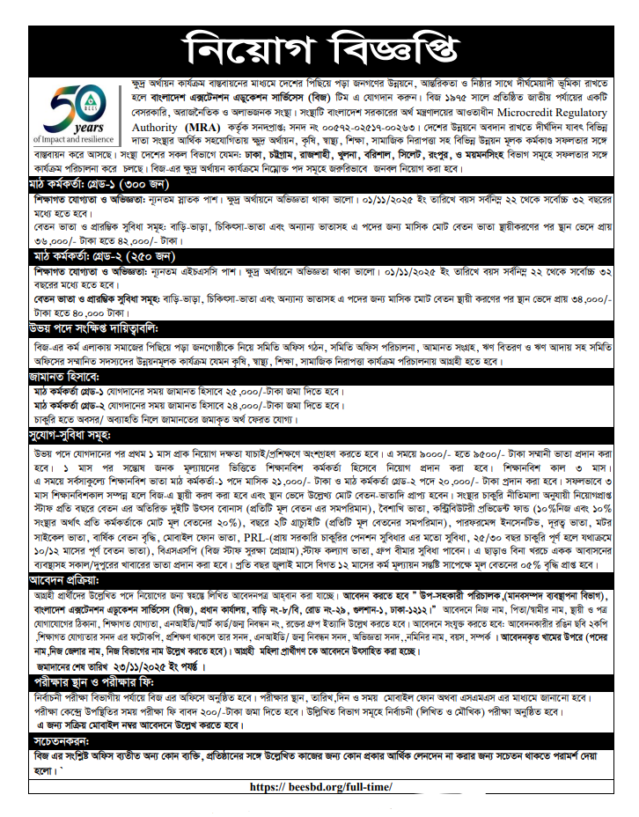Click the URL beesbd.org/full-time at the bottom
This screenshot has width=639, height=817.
pyautogui.click(x=320, y=787)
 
